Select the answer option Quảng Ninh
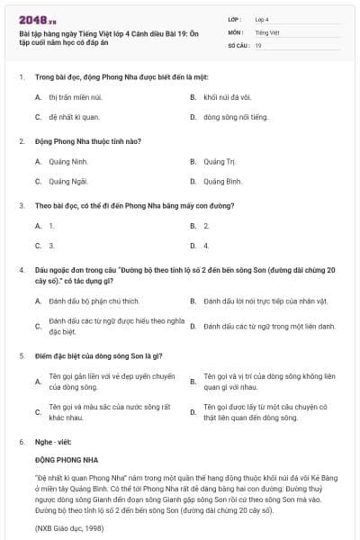pyautogui.click(x=67, y=162)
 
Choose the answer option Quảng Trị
pyautogui.click(x=219, y=162)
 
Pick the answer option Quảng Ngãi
pyautogui.click(x=67, y=181)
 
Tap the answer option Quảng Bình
pyautogui.click(x=222, y=181)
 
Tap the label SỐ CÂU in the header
pyautogui.click(x=238, y=44)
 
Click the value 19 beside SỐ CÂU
pyautogui.click(x=258, y=44)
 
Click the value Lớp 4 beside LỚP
pyautogui.click(x=262, y=18)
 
